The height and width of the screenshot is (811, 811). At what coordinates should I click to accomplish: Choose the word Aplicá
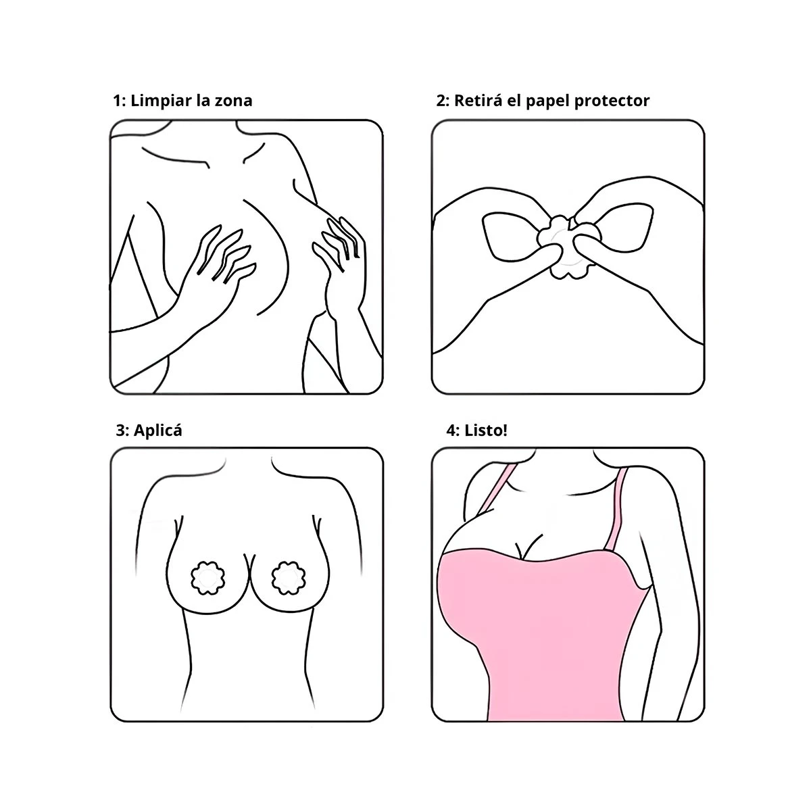158,431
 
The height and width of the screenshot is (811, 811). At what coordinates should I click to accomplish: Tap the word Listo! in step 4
486,431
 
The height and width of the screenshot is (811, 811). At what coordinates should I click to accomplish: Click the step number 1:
119,101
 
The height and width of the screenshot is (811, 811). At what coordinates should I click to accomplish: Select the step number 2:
443,101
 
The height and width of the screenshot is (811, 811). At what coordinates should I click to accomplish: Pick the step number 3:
122,431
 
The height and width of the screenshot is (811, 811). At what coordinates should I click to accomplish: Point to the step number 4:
453,431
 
